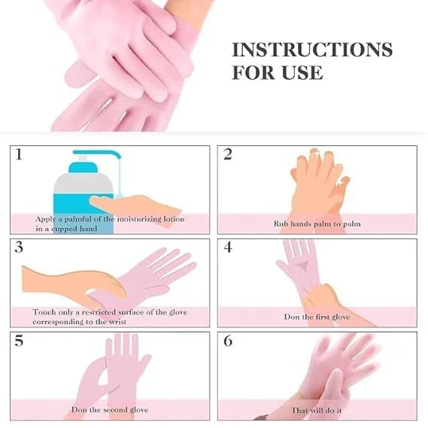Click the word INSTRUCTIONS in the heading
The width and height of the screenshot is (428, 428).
pos(311,50)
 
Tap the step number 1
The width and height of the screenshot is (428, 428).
pos(19,155)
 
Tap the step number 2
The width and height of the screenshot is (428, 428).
pos(227,155)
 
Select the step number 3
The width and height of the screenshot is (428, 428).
pos(19,248)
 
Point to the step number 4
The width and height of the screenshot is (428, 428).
pos(227,248)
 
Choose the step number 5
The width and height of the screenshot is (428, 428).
pos(19,341)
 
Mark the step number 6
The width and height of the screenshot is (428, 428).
pos(227,341)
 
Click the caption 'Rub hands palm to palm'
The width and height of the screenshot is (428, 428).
pos(317,224)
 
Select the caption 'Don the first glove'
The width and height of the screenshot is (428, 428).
pos(317,317)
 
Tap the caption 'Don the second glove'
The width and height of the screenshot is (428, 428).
pos(110,410)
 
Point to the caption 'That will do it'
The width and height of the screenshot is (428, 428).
pos(317,411)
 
